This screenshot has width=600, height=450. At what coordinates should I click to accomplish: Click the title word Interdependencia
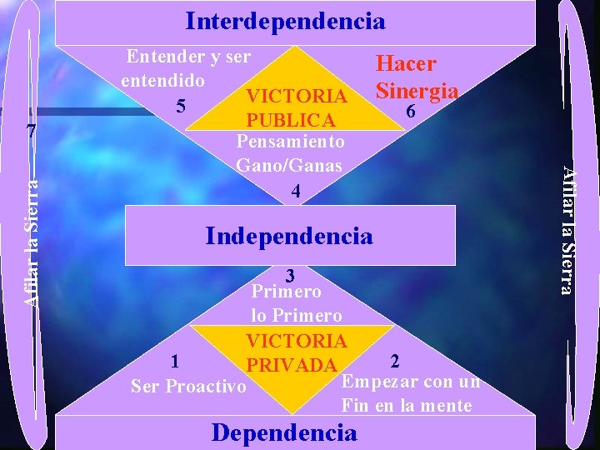(x=285, y=21)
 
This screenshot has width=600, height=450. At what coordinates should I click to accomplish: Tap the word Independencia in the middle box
(x=288, y=236)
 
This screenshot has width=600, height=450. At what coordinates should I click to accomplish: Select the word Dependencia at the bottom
(x=284, y=432)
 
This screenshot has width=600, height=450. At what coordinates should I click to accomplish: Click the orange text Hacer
(x=407, y=65)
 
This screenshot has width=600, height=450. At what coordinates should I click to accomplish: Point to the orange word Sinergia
(x=417, y=89)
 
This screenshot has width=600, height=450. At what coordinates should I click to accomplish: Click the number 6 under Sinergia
(x=409, y=111)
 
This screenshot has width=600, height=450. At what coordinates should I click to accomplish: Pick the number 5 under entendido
(x=179, y=106)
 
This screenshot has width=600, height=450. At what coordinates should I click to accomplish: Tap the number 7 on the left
(x=31, y=132)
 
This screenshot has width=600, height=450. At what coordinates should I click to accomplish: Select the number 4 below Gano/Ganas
(x=295, y=191)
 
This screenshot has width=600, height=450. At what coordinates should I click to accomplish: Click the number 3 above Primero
(x=289, y=274)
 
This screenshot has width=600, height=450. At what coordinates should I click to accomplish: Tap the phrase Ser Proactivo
(x=188, y=387)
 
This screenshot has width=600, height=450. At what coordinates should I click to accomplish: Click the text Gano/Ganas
(x=289, y=166)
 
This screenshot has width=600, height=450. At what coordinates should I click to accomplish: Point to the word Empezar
(x=373, y=382)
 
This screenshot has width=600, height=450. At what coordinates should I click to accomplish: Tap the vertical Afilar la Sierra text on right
(x=567, y=230)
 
